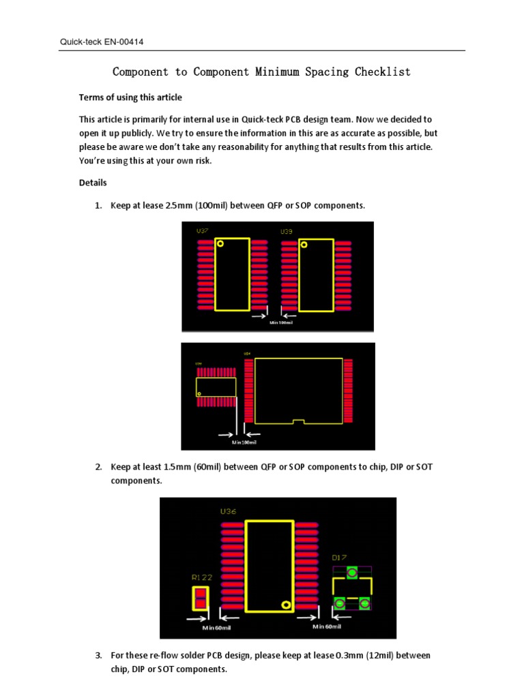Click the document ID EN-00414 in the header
click(x=124, y=42)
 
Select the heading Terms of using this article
click(x=130, y=97)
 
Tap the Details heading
click(x=93, y=183)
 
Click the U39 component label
click(x=287, y=232)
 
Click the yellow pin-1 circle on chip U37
click(x=220, y=243)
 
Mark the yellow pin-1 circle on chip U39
click(x=304, y=243)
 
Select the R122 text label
click(x=201, y=577)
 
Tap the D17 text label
click(x=339, y=557)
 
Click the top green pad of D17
click(x=352, y=573)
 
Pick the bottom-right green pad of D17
click(x=365, y=603)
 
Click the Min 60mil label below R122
click(x=216, y=627)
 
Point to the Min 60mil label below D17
click(x=327, y=626)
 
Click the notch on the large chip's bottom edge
click(x=296, y=421)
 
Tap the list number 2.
click(x=98, y=467)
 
